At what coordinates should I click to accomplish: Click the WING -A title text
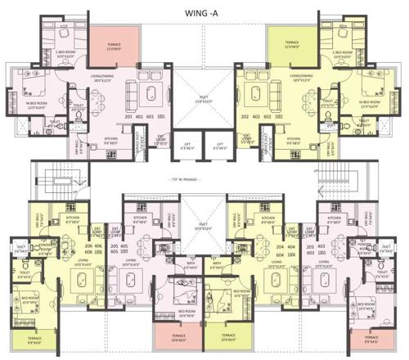(x=204, y=11)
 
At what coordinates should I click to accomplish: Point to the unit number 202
(x=241, y=116)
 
